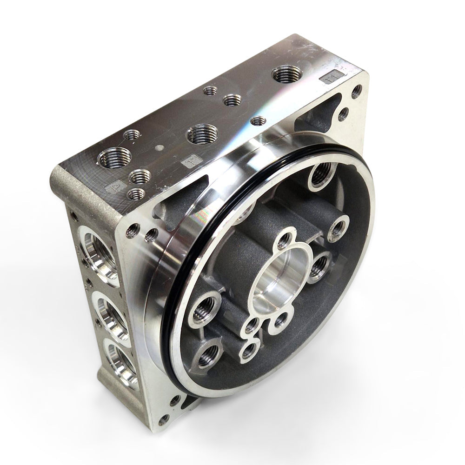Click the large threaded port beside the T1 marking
pyautogui.click(x=286, y=74)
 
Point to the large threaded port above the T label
pyautogui.click(x=202, y=135)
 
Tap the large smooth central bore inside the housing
pyautogui.click(x=277, y=279)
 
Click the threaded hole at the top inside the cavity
pyautogui.click(x=320, y=175)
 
